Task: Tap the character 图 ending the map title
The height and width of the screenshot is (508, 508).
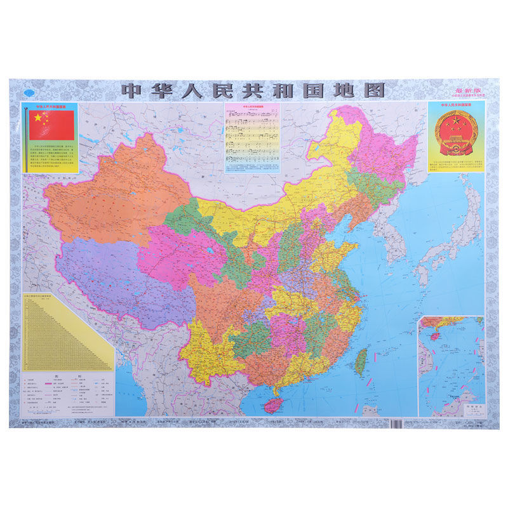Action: (x=373, y=90)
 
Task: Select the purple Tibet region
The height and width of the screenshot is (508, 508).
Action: (x=121, y=276)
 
